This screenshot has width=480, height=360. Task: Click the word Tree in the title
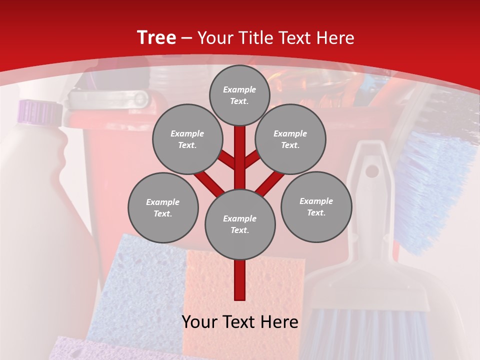[156, 38]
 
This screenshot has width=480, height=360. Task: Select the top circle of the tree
[239, 95]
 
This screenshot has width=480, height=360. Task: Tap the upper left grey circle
[187, 139]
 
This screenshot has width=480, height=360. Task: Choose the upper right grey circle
[290, 139]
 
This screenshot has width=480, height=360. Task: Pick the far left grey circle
[163, 207]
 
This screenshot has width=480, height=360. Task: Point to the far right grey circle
[316, 206]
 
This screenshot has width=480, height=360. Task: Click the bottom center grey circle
[240, 224]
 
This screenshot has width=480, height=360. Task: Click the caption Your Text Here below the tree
[240, 322]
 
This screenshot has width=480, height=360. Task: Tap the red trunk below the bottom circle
[240, 280]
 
